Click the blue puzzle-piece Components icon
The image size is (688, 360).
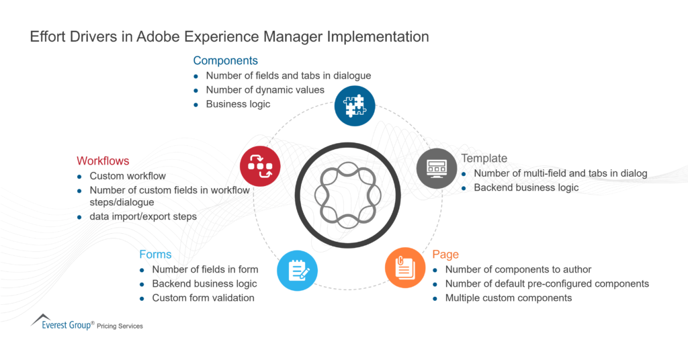(x=355, y=106)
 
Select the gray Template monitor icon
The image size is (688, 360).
(x=437, y=168)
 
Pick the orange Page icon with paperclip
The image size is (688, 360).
(x=405, y=268)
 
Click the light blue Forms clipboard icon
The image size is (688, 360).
(x=297, y=271)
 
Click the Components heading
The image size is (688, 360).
(x=225, y=60)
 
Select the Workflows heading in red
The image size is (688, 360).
(x=103, y=161)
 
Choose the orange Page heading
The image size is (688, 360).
(x=445, y=255)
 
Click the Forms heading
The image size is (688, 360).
(x=155, y=255)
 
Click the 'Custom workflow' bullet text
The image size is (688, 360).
(x=128, y=176)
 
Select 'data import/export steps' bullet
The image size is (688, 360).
(x=143, y=216)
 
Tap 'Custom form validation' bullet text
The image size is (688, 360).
(x=203, y=298)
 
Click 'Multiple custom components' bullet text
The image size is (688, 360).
(x=509, y=298)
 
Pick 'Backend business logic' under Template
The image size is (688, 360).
(x=526, y=187)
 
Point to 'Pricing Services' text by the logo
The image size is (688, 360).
(x=120, y=326)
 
